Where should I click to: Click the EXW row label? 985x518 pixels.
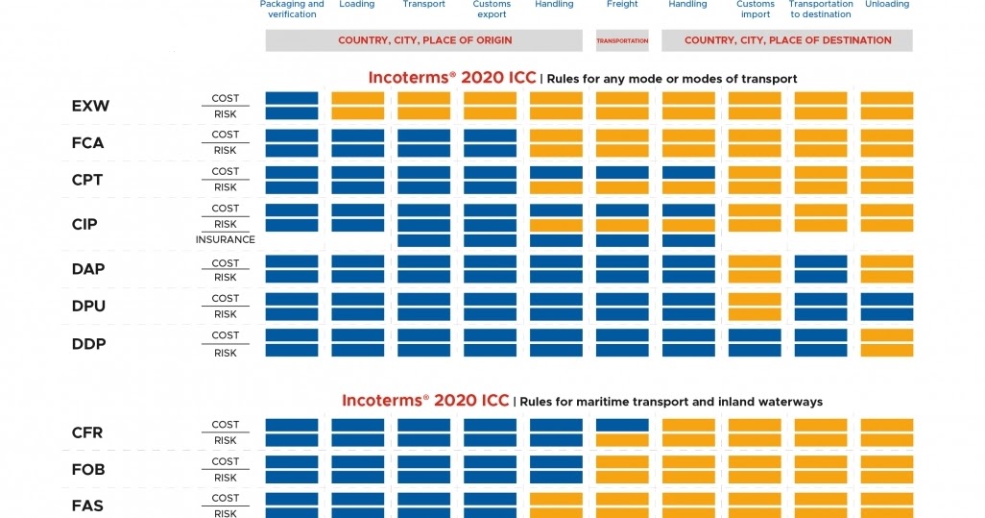coord(90,107)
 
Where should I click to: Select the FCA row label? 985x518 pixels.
coord(87,143)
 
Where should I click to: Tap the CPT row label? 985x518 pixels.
coord(87,180)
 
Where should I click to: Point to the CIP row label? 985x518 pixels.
coord(84,225)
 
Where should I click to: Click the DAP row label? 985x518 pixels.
coord(87,270)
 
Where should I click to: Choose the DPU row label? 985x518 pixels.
coord(88,307)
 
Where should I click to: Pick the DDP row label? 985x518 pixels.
coord(88,344)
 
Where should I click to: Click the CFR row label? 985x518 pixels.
coord(87,433)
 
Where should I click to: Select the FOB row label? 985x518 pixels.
coord(87,470)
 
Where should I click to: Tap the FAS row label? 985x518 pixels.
coord(87,506)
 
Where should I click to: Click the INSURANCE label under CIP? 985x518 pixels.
coord(226,240)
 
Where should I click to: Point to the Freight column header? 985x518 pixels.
coord(622,5)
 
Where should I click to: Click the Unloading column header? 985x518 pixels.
coord(886,5)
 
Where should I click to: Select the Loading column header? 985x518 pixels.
coord(357,5)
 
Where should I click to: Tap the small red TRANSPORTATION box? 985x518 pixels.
coord(622,40)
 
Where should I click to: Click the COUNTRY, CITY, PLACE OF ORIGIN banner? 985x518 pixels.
coord(424,40)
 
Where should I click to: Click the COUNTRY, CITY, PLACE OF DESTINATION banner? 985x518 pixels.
coord(787,40)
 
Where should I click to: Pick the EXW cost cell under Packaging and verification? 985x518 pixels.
coord(292,98)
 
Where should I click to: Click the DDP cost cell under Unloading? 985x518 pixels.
coord(886,335)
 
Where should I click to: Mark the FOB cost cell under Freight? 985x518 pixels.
coord(622,462)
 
